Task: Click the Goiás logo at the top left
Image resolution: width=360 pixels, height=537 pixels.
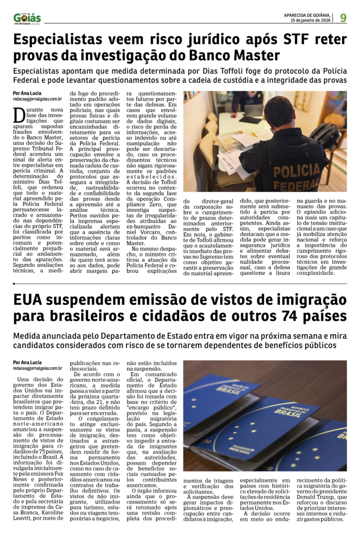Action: tap(27, 18)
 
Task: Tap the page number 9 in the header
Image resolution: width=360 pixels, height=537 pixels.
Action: tap(343, 18)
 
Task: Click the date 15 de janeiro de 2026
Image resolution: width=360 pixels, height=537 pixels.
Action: tap(312, 20)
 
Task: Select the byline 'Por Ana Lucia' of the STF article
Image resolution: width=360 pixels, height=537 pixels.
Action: tap(28, 93)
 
